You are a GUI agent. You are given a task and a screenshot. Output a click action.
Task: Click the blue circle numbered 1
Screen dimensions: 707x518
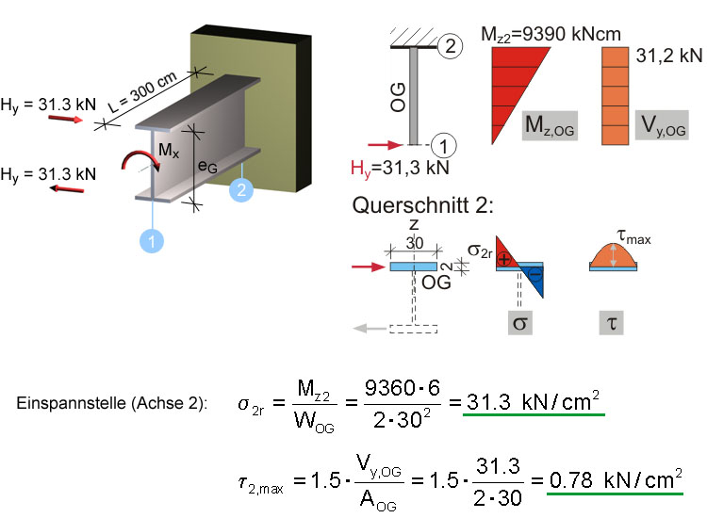[x=152, y=240]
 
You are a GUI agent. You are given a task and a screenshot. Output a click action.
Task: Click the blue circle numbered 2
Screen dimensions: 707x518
[x=241, y=189]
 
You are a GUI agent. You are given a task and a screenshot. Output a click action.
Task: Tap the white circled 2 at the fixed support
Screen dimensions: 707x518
[x=450, y=46]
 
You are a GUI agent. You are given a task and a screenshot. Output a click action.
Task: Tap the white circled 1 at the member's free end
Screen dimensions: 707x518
[x=444, y=146]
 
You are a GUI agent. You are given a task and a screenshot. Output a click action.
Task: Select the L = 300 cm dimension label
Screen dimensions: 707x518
[x=143, y=92]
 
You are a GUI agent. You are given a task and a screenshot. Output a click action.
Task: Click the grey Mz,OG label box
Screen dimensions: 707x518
[x=550, y=125]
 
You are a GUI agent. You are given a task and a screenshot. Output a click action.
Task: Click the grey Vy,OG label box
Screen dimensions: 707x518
[x=662, y=124]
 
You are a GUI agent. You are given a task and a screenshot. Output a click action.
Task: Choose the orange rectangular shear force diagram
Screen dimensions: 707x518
[x=615, y=96]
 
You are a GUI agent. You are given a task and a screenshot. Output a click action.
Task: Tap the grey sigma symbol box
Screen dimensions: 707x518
[x=519, y=322]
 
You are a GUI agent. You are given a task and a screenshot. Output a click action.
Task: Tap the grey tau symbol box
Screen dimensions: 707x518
[x=612, y=322]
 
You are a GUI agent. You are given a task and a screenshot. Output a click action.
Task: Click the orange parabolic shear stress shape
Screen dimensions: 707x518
[x=614, y=255]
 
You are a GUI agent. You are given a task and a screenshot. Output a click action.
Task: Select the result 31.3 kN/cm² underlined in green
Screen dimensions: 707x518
[x=534, y=401]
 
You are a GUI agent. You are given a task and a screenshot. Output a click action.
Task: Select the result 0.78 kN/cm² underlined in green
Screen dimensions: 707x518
[x=615, y=479]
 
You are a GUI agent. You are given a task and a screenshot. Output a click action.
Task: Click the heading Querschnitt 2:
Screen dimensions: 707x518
[x=422, y=205]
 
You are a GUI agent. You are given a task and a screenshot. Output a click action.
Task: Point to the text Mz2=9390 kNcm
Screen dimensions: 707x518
[x=551, y=34]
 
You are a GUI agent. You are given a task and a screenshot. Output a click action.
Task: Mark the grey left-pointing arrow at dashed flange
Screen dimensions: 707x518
[x=370, y=329]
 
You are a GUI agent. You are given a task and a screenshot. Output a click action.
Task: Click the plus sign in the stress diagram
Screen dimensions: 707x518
[x=503, y=259]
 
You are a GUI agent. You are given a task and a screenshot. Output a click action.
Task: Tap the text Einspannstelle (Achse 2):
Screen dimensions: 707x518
[x=112, y=403]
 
